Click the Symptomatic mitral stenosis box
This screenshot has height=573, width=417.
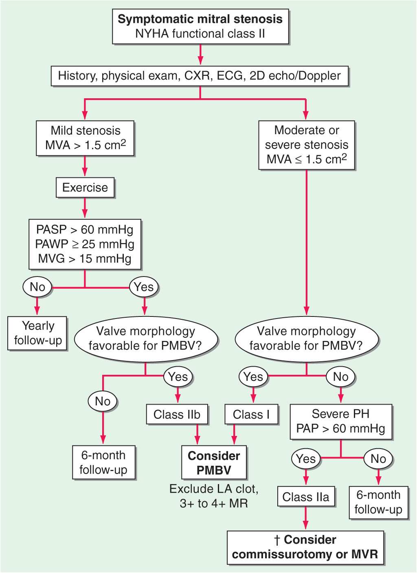(200, 27)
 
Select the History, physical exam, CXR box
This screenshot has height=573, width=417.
(200, 76)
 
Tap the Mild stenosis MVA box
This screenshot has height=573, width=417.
(85, 138)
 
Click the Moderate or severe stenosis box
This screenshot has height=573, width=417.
(307, 145)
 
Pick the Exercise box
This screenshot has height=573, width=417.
(85, 188)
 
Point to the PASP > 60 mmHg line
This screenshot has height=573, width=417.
(85, 230)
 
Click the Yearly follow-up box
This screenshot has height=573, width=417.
(37, 333)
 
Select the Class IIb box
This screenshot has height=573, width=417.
(177, 414)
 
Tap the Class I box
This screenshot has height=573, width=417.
(251, 414)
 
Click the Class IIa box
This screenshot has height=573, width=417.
(306, 497)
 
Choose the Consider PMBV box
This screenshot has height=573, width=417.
(214, 463)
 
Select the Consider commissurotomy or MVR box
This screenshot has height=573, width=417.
(305, 547)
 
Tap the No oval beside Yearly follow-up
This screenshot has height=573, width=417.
(37, 287)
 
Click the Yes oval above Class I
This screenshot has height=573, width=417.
(253, 376)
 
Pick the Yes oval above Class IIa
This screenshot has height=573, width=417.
(306, 459)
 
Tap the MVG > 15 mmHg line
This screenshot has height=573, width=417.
(85, 259)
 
